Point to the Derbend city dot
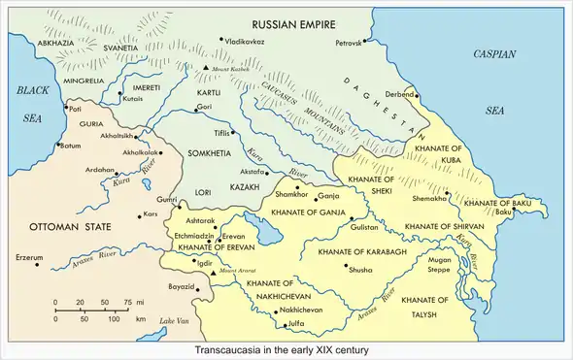point(416,95)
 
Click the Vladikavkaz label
point(244,43)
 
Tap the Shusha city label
point(360,269)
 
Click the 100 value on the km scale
point(113,318)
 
